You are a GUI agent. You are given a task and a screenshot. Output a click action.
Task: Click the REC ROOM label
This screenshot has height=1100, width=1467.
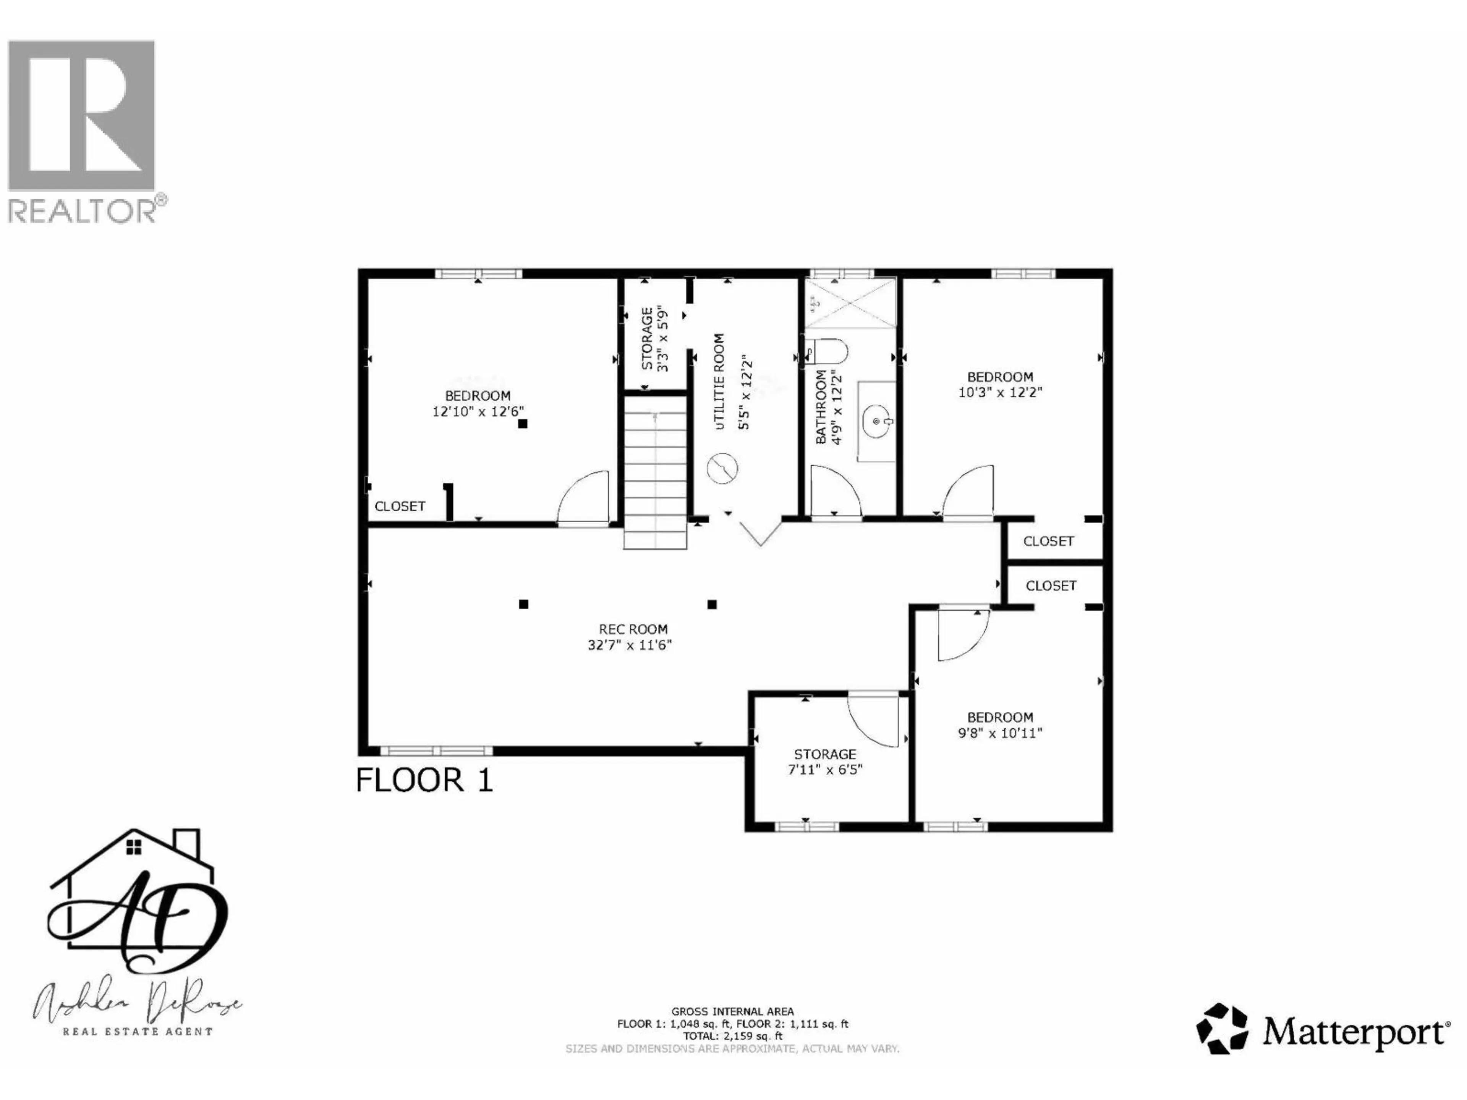coord(633,629)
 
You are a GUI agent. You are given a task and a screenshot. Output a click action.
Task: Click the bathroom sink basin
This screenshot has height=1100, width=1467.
coord(877,421)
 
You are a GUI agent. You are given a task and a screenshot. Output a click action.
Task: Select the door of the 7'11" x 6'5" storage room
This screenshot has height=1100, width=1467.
coord(873,720)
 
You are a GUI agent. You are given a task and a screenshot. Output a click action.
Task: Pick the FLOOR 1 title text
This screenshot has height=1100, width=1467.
coord(424,780)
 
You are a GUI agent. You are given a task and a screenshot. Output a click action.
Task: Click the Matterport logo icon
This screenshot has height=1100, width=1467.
coord(1222,1029)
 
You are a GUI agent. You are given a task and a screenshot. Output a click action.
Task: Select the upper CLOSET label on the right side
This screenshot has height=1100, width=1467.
coord(1048,541)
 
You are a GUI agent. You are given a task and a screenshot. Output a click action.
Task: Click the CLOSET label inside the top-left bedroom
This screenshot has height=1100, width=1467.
coord(400,506)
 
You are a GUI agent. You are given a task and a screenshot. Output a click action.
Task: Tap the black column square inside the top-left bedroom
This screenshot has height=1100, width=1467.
coord(523,424)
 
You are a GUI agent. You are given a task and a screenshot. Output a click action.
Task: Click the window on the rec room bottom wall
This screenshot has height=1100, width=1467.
coord(436,751)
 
